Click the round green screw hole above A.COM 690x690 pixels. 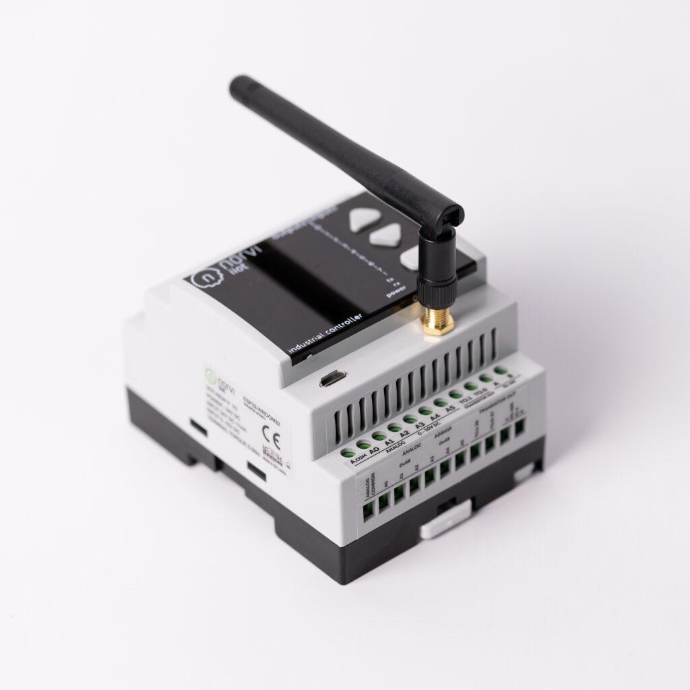348,453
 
